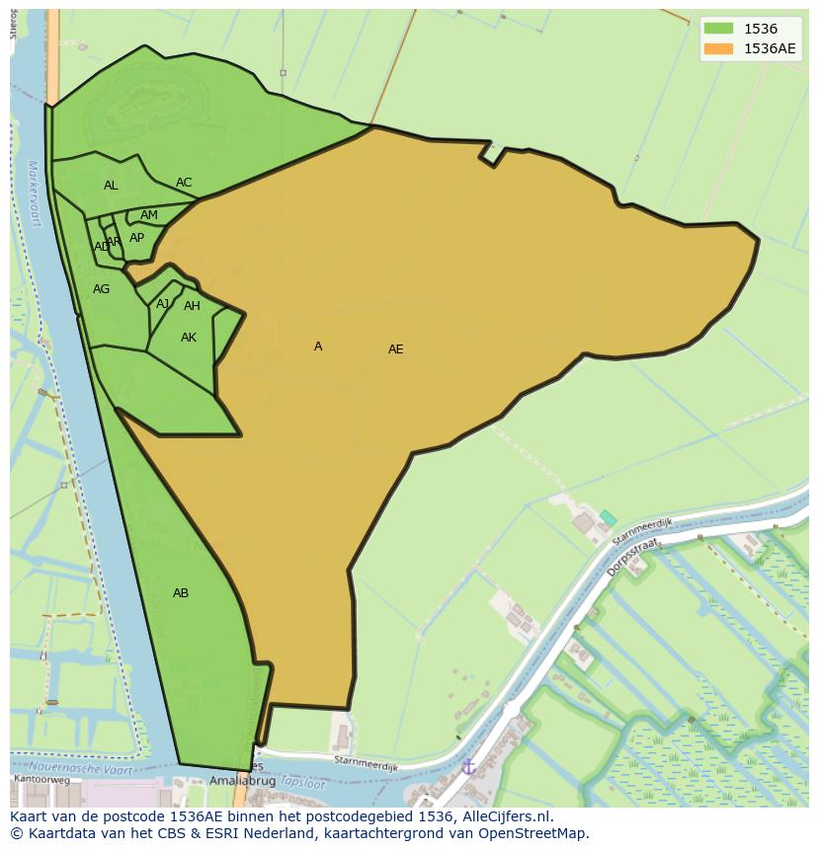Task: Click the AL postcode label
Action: pyautogui.click(x=111, y=186)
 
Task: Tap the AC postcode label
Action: pyautogui.click(x=184, y=183)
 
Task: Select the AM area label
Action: pyautogui.click(x=149, y=215)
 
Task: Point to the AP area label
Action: pyautogui.click(x=136, y=238)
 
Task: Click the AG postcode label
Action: pyautogui.click(x=102, y=289)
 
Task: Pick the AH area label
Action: pyautogui.click(x=192, y=306)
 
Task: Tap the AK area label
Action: pyautogui.click(x=189, y=338)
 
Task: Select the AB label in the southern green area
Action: pyautogui.click(x=181, y=593)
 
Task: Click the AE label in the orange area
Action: pyautogui.click(x=395, y=349)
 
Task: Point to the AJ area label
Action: pyautogui.click(x=163, y=304)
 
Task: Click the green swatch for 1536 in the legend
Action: pyautogui.click(x=718, y=29)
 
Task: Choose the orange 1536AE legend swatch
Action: pyautogui.click(x=718, y=48)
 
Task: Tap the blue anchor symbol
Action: pyautogui.click(x=468, y=767)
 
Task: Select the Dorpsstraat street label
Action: pyautogui.click(x=627, y=557)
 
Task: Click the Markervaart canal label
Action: pyautogui.click(x=35, y=193)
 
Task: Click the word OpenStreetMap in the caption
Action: pyautogui.click(x=535, y=833)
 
